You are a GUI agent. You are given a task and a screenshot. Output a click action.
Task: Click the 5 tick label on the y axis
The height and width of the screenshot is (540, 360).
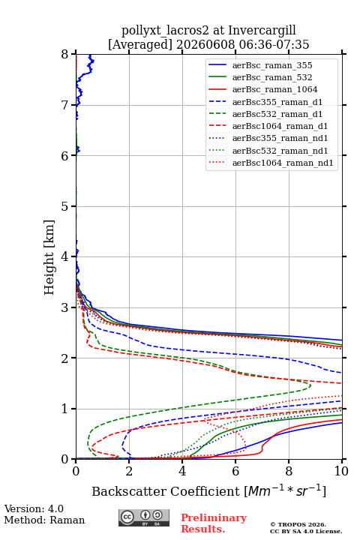tap(65, 206)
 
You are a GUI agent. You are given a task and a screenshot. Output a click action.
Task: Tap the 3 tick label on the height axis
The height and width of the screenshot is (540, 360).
tap(65, 307)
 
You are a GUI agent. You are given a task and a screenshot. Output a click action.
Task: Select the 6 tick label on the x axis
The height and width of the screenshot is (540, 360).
tap(235, 471)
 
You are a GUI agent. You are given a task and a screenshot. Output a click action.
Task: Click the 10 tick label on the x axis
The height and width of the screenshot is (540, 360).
tap(341, 471)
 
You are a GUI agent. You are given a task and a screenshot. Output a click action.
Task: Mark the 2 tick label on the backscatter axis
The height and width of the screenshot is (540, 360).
tap(129, 471)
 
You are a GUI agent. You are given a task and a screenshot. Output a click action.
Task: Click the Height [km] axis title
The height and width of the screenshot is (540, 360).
tap(49, 257)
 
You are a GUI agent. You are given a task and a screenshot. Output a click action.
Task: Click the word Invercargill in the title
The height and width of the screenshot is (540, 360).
tap(262, 31)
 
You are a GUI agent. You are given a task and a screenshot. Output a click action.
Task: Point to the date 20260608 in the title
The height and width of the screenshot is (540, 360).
tap(205, 44)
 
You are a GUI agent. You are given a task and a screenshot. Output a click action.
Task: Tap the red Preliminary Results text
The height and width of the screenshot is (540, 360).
tap(214, 523)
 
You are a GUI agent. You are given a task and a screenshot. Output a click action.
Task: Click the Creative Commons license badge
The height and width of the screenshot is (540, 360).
tap(144, 518)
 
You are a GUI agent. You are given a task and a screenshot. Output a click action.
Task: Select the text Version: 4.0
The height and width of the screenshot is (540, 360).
tap(34, 508)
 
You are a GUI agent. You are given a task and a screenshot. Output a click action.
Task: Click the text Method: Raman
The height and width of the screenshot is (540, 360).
tap(44, 520)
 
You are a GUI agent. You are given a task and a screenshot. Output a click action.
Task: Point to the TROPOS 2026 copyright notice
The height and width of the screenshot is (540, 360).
tap(298, 524)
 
